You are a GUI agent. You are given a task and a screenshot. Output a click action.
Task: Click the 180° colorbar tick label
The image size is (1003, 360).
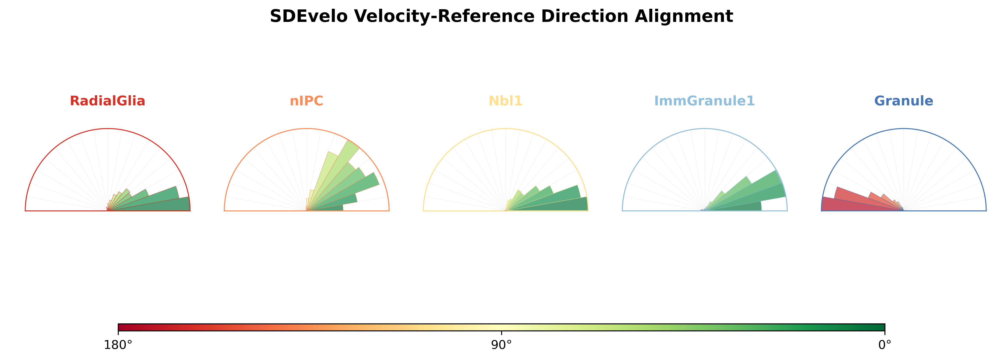118,345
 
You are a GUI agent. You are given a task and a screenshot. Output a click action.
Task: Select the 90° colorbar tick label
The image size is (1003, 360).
502,345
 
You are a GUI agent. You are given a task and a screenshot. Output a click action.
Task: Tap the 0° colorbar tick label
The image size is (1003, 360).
885,345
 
